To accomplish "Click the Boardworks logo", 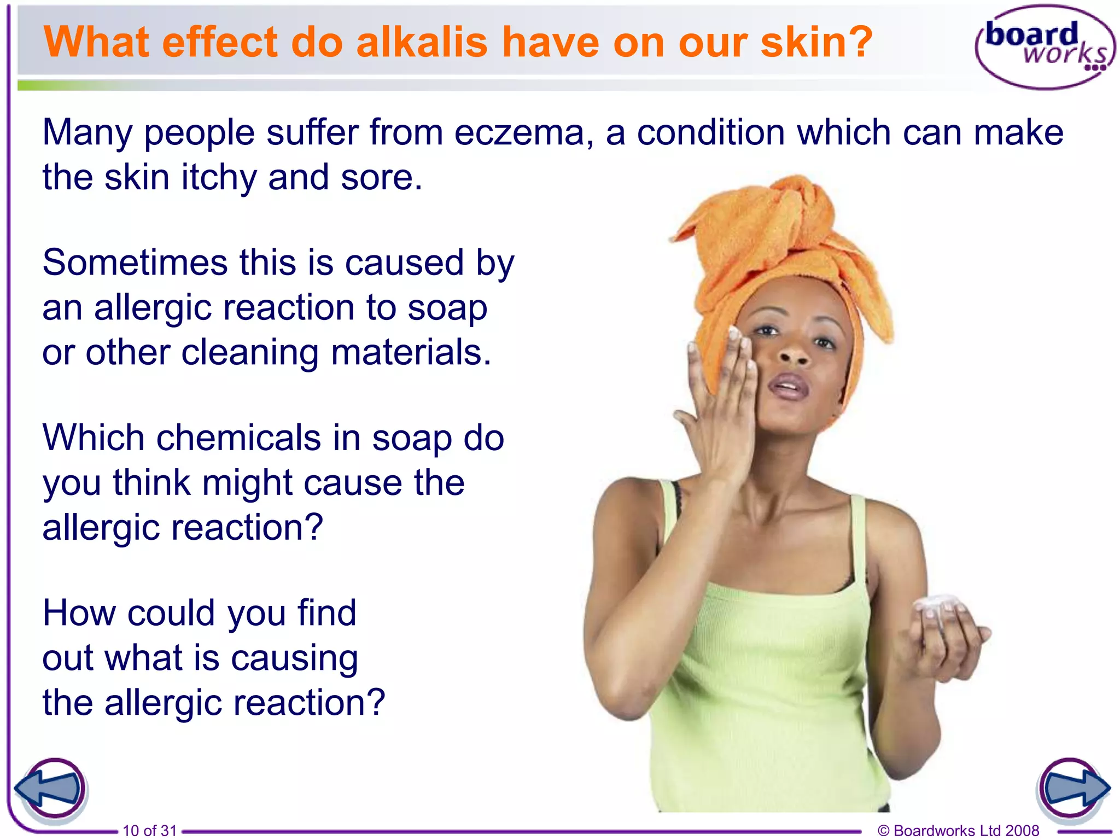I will pyautogui.click(x=1045, y=47).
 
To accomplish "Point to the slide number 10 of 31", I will pyautogui.click(x=150, y=831).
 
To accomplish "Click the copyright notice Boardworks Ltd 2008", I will pyautogui.click(x=958, y=831).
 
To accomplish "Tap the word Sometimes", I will pyautogui.click(x=135, y=262).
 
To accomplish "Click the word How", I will pyautogui.click(x=79, y=613).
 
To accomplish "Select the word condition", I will pyautogui.click(x=711, y=133).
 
